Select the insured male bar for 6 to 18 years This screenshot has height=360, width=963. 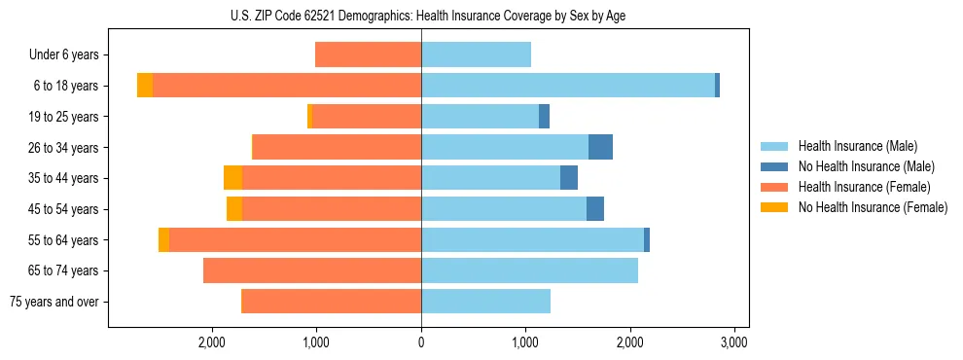tap(568, 86)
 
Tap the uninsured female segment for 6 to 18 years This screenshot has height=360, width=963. tap(145, 86)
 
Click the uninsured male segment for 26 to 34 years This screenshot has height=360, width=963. tap(600, 147)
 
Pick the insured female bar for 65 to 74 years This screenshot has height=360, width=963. tap(312, 270)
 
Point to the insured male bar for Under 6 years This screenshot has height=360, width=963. tap(476, 54)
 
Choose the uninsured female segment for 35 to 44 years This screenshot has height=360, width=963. tap(232, 178)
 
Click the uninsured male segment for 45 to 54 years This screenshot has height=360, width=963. tap(595, 209)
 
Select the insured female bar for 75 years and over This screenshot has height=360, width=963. tap(331, 302)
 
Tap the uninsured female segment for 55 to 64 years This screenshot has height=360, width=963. tap(163, 239)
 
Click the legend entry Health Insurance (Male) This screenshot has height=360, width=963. tap(857, 146)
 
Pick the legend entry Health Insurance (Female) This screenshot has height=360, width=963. tap(863, 187)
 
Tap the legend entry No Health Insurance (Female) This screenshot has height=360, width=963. tap(872, 207)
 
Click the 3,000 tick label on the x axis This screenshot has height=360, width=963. tap(733, 342)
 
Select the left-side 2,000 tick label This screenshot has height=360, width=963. tap(212, 342)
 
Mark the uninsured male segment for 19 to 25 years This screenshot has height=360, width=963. tap(544, 117)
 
